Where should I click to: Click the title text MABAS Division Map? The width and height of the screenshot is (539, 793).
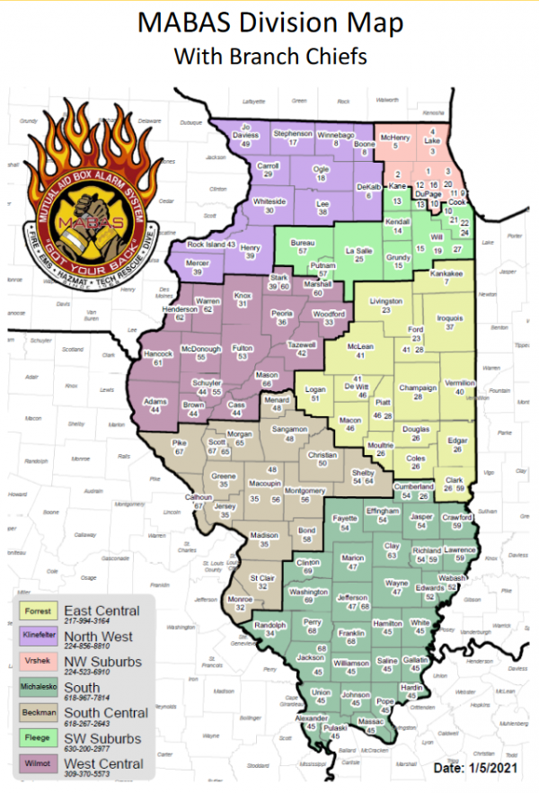[269, 22]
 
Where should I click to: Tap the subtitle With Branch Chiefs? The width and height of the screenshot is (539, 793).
[269, 56]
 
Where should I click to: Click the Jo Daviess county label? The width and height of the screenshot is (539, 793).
[245, 131]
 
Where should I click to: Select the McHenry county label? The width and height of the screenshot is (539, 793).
[395, 137]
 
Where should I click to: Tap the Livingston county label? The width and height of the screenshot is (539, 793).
[385, 302]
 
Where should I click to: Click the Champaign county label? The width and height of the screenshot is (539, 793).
[416, 388]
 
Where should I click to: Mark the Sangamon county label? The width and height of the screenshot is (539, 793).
[289, 430]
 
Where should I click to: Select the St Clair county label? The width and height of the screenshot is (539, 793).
[262, 577]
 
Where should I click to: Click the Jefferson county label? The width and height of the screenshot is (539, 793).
[352, 598]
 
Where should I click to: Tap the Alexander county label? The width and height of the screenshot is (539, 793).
[312, 718]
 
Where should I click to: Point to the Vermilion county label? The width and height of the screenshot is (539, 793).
[460, 383]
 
